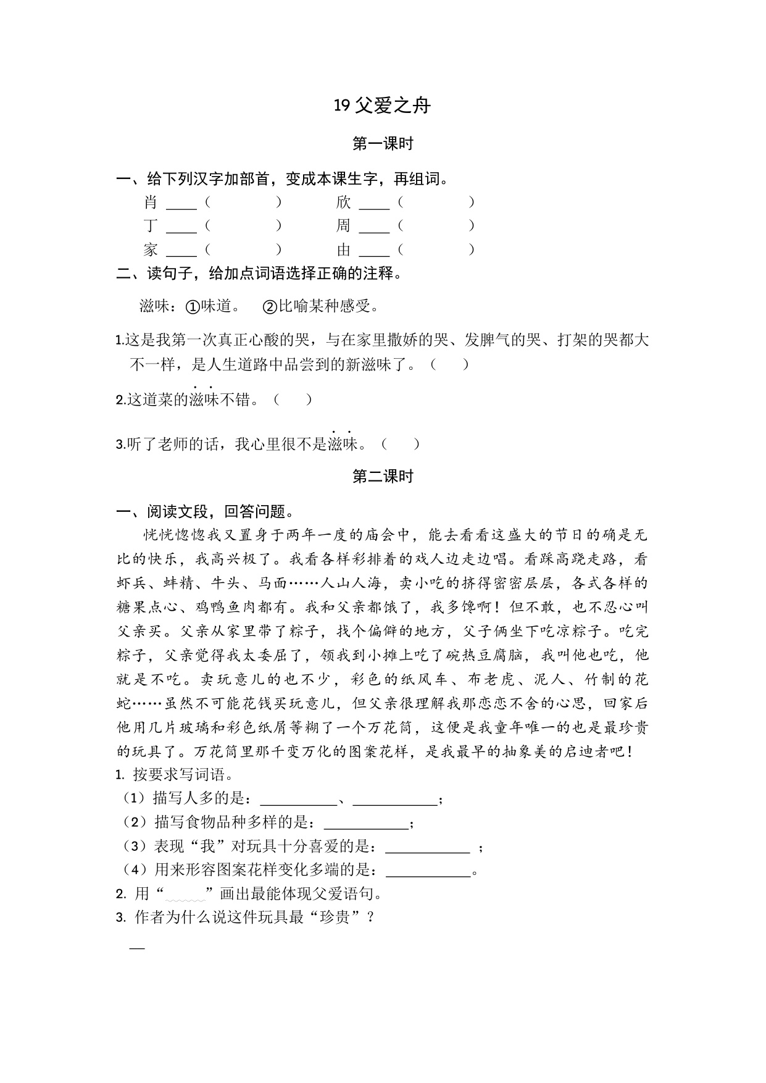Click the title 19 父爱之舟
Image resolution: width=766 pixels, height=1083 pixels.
[382, 106]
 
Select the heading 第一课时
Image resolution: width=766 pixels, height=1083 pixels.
[382, 144]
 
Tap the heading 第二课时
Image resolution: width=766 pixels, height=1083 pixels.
[382, 476]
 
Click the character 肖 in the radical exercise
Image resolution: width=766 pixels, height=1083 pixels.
[151, 203]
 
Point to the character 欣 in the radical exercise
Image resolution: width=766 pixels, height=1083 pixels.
[343, 203]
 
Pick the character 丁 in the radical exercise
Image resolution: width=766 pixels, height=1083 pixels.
[151, 226]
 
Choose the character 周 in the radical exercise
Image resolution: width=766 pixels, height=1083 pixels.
[343, 226]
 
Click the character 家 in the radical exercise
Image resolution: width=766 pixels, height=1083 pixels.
[151, 250]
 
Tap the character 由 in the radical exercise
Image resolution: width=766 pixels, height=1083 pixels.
[343, 250]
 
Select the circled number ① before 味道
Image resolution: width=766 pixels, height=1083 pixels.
[193, 306]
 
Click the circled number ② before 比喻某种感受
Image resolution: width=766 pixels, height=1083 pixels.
[270, 306]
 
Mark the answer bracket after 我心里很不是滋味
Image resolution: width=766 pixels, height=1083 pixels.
[401, 444]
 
